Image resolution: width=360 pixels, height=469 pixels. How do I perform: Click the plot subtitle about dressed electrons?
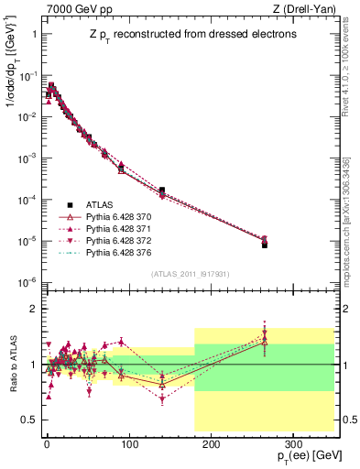click(x=179, y=35)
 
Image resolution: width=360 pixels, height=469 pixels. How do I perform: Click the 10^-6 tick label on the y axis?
click(x=27, y=282)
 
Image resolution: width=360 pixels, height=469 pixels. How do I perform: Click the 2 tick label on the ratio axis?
click(x=33, y=309)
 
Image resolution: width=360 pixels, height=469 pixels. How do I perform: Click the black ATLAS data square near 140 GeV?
click(x=161, y=191)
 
